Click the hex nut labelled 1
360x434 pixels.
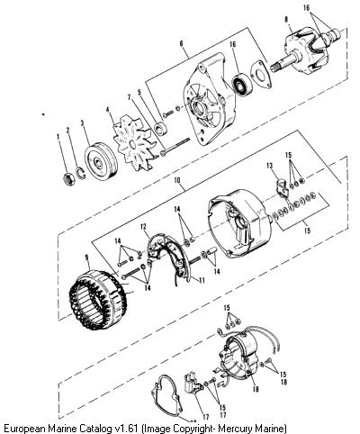coord(69,179)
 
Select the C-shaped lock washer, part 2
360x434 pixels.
coord(80,174)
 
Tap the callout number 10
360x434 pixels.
coord(177,180)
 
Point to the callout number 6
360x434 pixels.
coord(181,43)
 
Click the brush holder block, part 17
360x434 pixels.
coord(193,383)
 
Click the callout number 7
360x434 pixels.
coord(130,97)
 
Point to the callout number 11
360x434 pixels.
coord(202,281)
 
